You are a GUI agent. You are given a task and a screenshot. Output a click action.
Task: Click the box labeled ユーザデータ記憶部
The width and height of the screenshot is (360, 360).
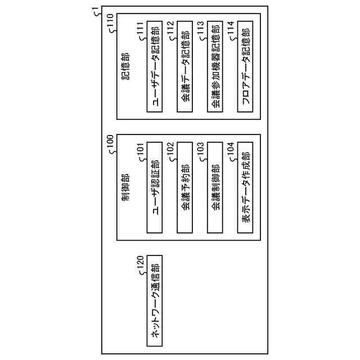[155, 67]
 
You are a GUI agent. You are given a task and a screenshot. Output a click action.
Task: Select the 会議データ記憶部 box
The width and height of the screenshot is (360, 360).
[185, 67]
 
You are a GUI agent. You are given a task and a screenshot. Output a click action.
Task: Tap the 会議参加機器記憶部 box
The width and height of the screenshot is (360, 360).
[215, 67]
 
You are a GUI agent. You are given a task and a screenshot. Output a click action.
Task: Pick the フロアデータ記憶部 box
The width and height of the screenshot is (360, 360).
[245, 67]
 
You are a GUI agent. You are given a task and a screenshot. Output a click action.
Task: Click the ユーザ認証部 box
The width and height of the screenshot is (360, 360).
[155, 187]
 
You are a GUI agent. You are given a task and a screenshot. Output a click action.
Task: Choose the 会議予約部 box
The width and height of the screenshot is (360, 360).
[185, 187]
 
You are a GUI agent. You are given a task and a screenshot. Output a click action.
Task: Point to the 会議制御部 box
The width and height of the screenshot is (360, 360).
[215, 187]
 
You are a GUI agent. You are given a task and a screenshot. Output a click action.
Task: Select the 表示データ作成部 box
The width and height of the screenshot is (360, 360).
[245, 187]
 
